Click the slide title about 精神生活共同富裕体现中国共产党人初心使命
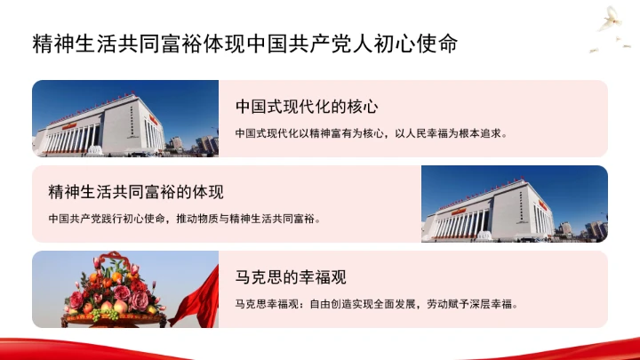(245, 42)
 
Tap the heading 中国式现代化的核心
(308, 107)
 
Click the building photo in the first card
(125, 118)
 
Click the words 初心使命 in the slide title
(426, 42)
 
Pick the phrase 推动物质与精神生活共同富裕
(251, 218)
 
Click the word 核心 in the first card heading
(364, 107)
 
